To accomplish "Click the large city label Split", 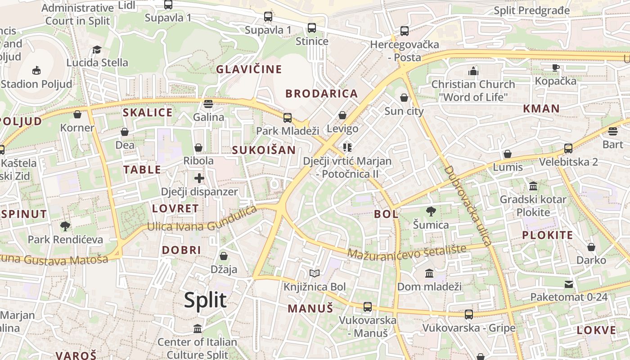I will click(205, 300).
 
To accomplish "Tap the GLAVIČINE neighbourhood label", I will click(249, 69).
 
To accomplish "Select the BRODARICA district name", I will click(322, 94).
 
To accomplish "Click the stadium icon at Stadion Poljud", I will click(36, 70).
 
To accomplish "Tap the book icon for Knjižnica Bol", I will click(315, 273).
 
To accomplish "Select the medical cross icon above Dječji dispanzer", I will click(199, 178).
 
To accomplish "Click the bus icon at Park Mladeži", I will click(288, 118).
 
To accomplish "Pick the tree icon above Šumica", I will click(431, 211).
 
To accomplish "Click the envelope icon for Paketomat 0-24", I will click(569, 284).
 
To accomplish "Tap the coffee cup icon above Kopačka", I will click(556, 67).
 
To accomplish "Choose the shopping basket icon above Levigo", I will click(342, 115).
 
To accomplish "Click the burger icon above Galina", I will click(208, 104).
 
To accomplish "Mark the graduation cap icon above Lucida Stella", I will click(97, 49).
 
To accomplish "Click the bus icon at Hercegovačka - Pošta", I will click(405, 31).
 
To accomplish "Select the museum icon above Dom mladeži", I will click(429, 273).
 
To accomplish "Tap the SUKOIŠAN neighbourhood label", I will click(264, 150).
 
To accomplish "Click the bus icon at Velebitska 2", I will click(568, 148).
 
